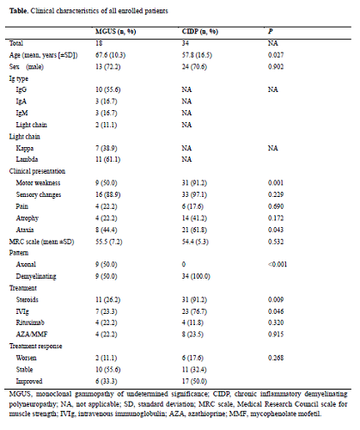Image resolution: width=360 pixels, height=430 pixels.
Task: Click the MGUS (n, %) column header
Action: [115, 31]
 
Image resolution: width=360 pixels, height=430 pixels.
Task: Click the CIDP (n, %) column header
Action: [200, 31]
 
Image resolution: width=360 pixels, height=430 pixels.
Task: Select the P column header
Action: [271, 31]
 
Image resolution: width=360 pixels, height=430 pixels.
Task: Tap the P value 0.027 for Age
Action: [276, 55]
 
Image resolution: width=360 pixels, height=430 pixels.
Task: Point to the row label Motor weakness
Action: [38, 182]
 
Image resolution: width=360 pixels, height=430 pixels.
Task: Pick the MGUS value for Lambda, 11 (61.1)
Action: [107, 159]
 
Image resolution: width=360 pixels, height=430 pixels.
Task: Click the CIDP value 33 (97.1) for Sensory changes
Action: [194, 194]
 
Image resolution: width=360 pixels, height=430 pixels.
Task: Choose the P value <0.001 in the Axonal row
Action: [278, 264]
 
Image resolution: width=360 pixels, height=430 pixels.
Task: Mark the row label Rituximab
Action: [30, 322]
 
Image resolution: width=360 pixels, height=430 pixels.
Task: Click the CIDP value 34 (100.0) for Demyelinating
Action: [196, 276]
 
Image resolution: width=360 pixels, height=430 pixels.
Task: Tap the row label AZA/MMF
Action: [32, 335]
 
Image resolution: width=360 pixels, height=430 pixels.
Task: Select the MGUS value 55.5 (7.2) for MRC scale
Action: [109, 242]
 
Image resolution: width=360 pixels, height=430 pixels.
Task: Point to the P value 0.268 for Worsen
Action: [276, 358]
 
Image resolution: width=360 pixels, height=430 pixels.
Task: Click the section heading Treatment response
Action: [35, 346]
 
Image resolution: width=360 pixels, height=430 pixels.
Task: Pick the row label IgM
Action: [21, 114]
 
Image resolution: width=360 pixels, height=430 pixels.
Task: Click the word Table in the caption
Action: [18, 11]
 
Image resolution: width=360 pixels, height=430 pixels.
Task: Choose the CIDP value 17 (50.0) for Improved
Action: [194, 381]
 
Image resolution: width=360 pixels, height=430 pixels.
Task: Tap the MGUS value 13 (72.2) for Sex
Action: [107, 67]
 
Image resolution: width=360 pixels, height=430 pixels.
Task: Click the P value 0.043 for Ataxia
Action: [276, 230]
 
